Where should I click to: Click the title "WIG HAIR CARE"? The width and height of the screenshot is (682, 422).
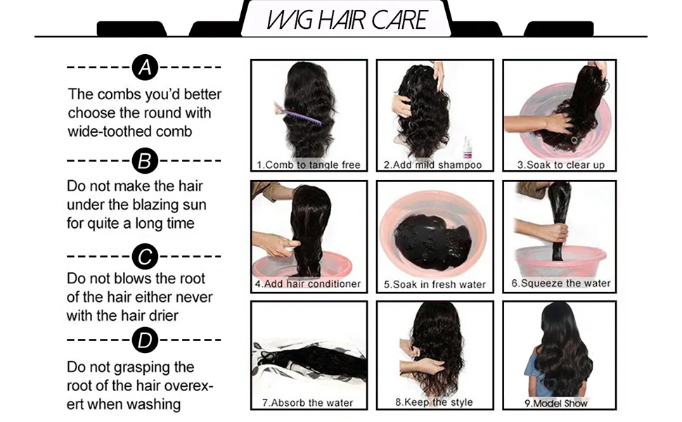click(x=347, y=20)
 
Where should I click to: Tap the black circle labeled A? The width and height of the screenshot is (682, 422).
click(x=145, y=68)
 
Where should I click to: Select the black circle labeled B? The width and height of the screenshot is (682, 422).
click(x=145, y=160)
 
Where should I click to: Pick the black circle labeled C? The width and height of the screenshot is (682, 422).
click(x=145, y=257)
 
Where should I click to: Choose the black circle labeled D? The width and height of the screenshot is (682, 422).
click(x=145, y=340)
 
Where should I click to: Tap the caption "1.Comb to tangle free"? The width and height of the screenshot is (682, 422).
click(x=309, y=165)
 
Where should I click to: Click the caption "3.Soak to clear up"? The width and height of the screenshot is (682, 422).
click(x=560, y=165)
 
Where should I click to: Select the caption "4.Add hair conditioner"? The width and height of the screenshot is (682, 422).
click(x=308, y=284)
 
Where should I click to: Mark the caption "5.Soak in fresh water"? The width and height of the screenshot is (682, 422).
click(x=435, y=285)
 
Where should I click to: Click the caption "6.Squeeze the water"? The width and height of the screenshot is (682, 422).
click(x=561, y=283)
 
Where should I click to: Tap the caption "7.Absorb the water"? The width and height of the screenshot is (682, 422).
click(x=307, y=403)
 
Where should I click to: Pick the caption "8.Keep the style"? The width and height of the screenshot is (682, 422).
click(x=434, y=402)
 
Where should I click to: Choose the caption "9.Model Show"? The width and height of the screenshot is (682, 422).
click(x=556, y=403)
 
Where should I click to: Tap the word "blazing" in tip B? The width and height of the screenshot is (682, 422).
click(x=156, y=205)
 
